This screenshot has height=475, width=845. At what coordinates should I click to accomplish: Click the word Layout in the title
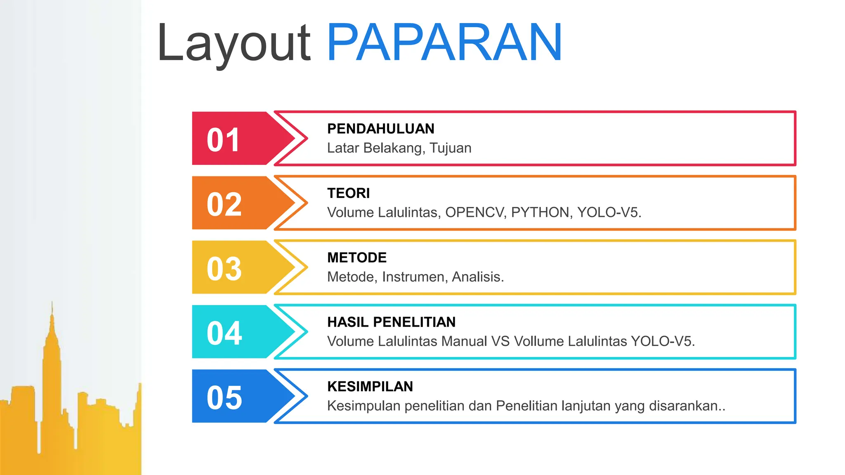(x=234, y=43)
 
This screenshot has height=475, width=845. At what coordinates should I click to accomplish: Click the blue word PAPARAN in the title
(x=444, y=42)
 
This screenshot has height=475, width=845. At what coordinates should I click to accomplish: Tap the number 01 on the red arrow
(x=223, y=140)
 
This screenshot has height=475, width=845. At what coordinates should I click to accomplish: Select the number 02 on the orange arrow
(x=224, y=205)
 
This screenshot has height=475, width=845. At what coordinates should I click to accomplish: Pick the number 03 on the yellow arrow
(x=224, y=269)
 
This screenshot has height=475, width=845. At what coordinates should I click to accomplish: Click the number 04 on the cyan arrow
(x=224, y=333)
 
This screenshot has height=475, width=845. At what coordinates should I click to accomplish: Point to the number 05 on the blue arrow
(x=224, y=398)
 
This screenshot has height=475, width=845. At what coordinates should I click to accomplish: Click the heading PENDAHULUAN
(x=380, y=129)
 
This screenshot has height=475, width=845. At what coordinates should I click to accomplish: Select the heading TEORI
(x=348, y=193)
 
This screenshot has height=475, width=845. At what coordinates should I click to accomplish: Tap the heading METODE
(x=356, y=258)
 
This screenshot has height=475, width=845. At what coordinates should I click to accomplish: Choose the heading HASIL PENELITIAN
(x=391, y=322)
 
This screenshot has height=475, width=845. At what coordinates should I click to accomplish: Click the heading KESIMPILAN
(x=370, y=386)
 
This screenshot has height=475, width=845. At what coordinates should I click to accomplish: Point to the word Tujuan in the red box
(x=450, y=148)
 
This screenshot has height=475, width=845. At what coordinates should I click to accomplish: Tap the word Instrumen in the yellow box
(x=415, y=277)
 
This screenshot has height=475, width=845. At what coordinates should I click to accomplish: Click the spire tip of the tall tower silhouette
(x=52, y=303)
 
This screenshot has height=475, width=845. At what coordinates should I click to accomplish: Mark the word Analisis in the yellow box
(x=477, y=277)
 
